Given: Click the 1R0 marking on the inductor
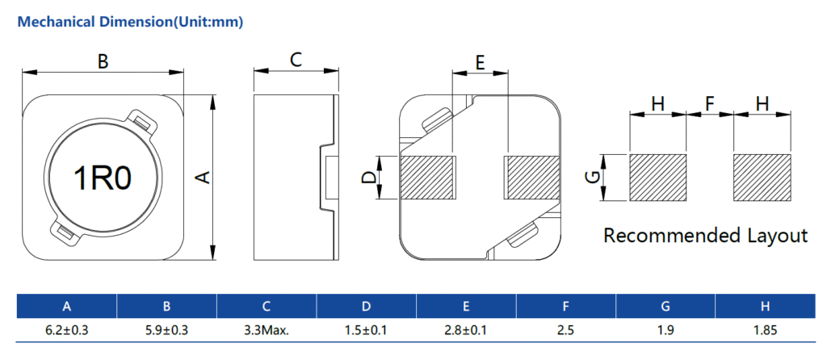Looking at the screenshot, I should point(103,178).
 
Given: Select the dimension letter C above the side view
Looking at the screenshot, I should point(296,59).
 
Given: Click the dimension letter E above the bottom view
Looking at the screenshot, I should point(480,63).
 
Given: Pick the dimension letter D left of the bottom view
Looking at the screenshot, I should point(367,178).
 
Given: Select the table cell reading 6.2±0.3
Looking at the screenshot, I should point(67,330).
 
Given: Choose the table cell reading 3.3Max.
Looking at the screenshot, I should point(266,330).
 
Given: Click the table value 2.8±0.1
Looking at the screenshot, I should point(465,330).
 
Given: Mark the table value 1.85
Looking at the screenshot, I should point(764,330).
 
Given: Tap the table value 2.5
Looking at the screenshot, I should point(565,330).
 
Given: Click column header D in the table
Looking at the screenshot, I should point(366,306).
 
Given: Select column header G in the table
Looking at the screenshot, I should point(665,306).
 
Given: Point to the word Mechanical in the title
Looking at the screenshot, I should point(52,22).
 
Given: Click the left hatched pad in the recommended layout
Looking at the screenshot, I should point(657,178).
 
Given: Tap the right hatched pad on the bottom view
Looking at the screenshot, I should point(533,178).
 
